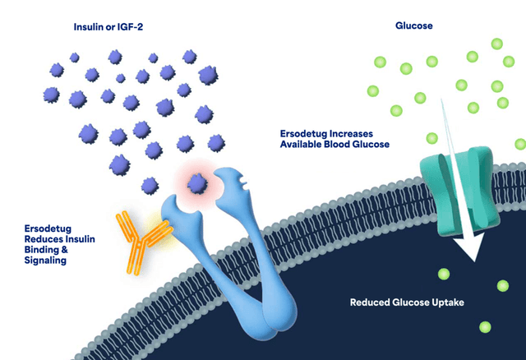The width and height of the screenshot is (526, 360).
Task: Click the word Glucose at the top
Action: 415,25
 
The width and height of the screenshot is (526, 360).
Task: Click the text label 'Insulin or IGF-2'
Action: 115,26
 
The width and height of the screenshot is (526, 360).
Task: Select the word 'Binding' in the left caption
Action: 43,248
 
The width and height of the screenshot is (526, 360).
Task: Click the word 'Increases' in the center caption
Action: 358,132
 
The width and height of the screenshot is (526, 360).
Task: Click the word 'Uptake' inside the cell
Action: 448,302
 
